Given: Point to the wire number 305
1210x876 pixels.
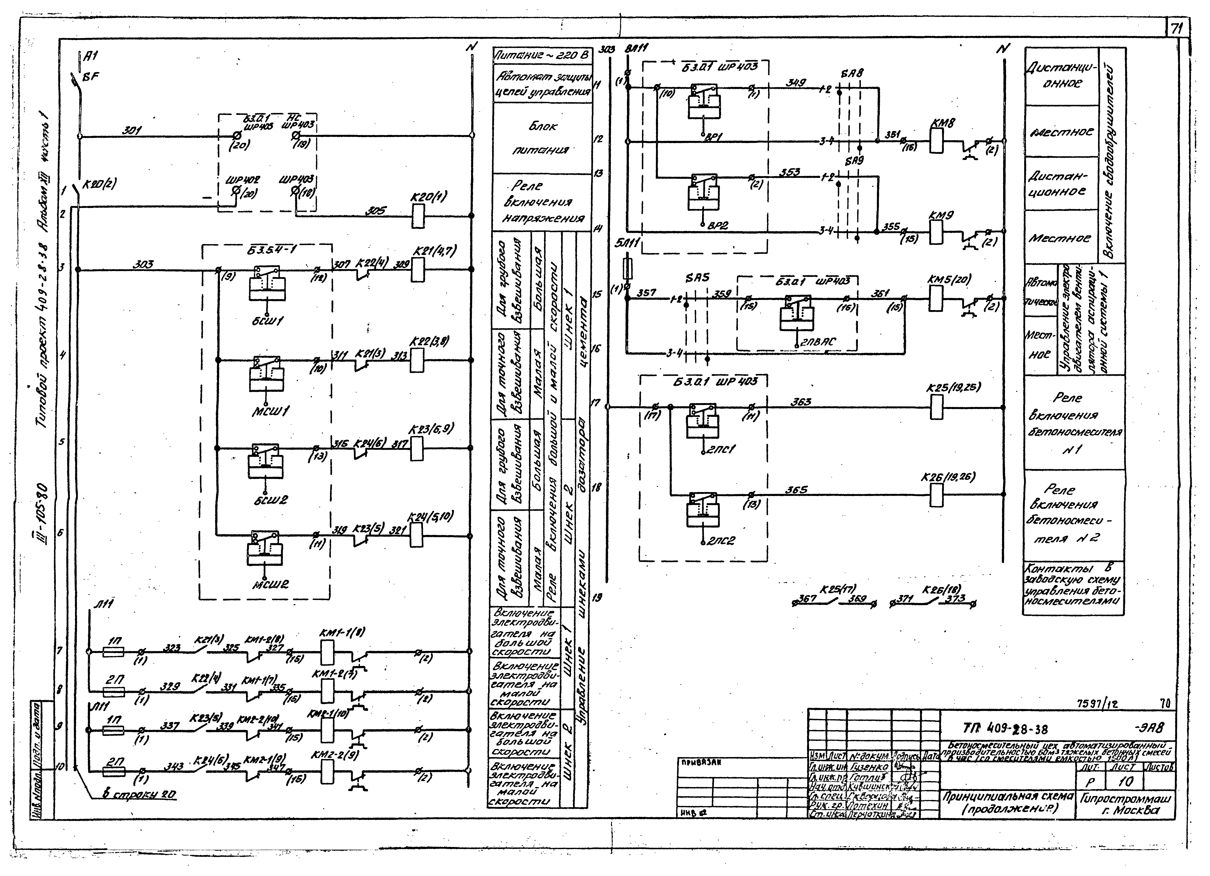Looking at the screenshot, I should [376, 211].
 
